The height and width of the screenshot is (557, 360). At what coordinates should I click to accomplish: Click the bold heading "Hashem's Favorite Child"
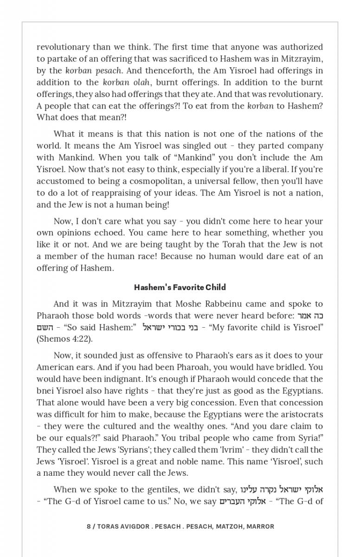[180, 287]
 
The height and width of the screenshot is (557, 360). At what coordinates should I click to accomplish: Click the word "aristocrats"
[300, 414]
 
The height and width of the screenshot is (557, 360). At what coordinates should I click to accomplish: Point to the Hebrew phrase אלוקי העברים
[239, 501]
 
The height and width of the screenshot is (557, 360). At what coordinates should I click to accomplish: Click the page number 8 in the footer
[89, 526]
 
